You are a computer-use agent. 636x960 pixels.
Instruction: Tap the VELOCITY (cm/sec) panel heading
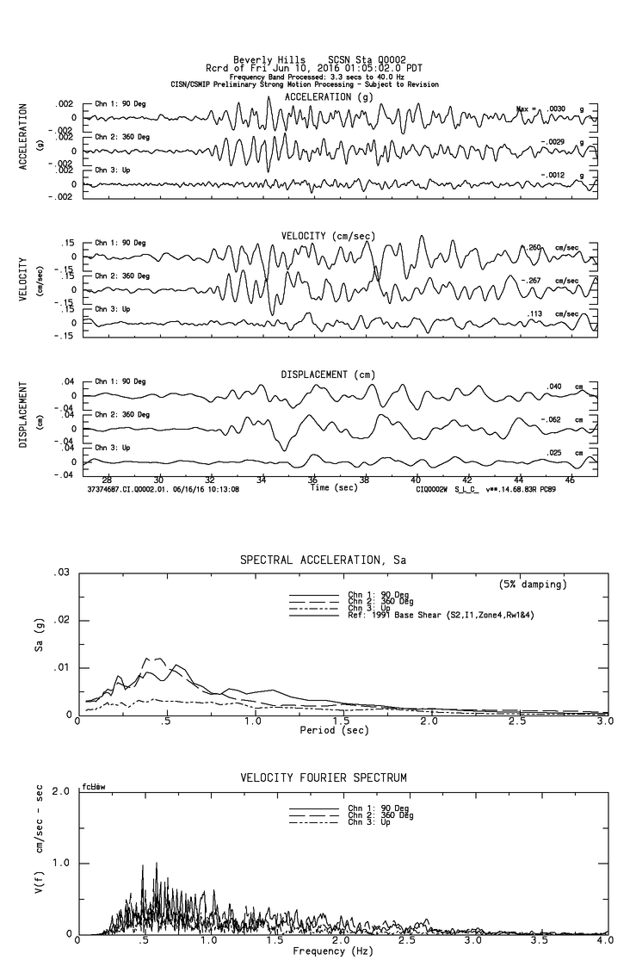[x=328, y=236]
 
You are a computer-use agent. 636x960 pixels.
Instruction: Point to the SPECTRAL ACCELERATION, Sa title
[x=323, y=561]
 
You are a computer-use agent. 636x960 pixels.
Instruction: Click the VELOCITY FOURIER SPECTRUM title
[x=323, y=778]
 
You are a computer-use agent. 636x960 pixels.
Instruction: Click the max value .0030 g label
[x=556, y=109]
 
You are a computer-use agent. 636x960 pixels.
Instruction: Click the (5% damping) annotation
[x=533, y=585]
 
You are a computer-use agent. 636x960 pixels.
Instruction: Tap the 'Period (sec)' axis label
[x=336, y=730]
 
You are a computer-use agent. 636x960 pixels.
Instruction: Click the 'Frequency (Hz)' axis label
[x=331, y=951]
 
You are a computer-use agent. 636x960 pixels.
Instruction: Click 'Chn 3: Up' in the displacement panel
[x=112, y=448]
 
